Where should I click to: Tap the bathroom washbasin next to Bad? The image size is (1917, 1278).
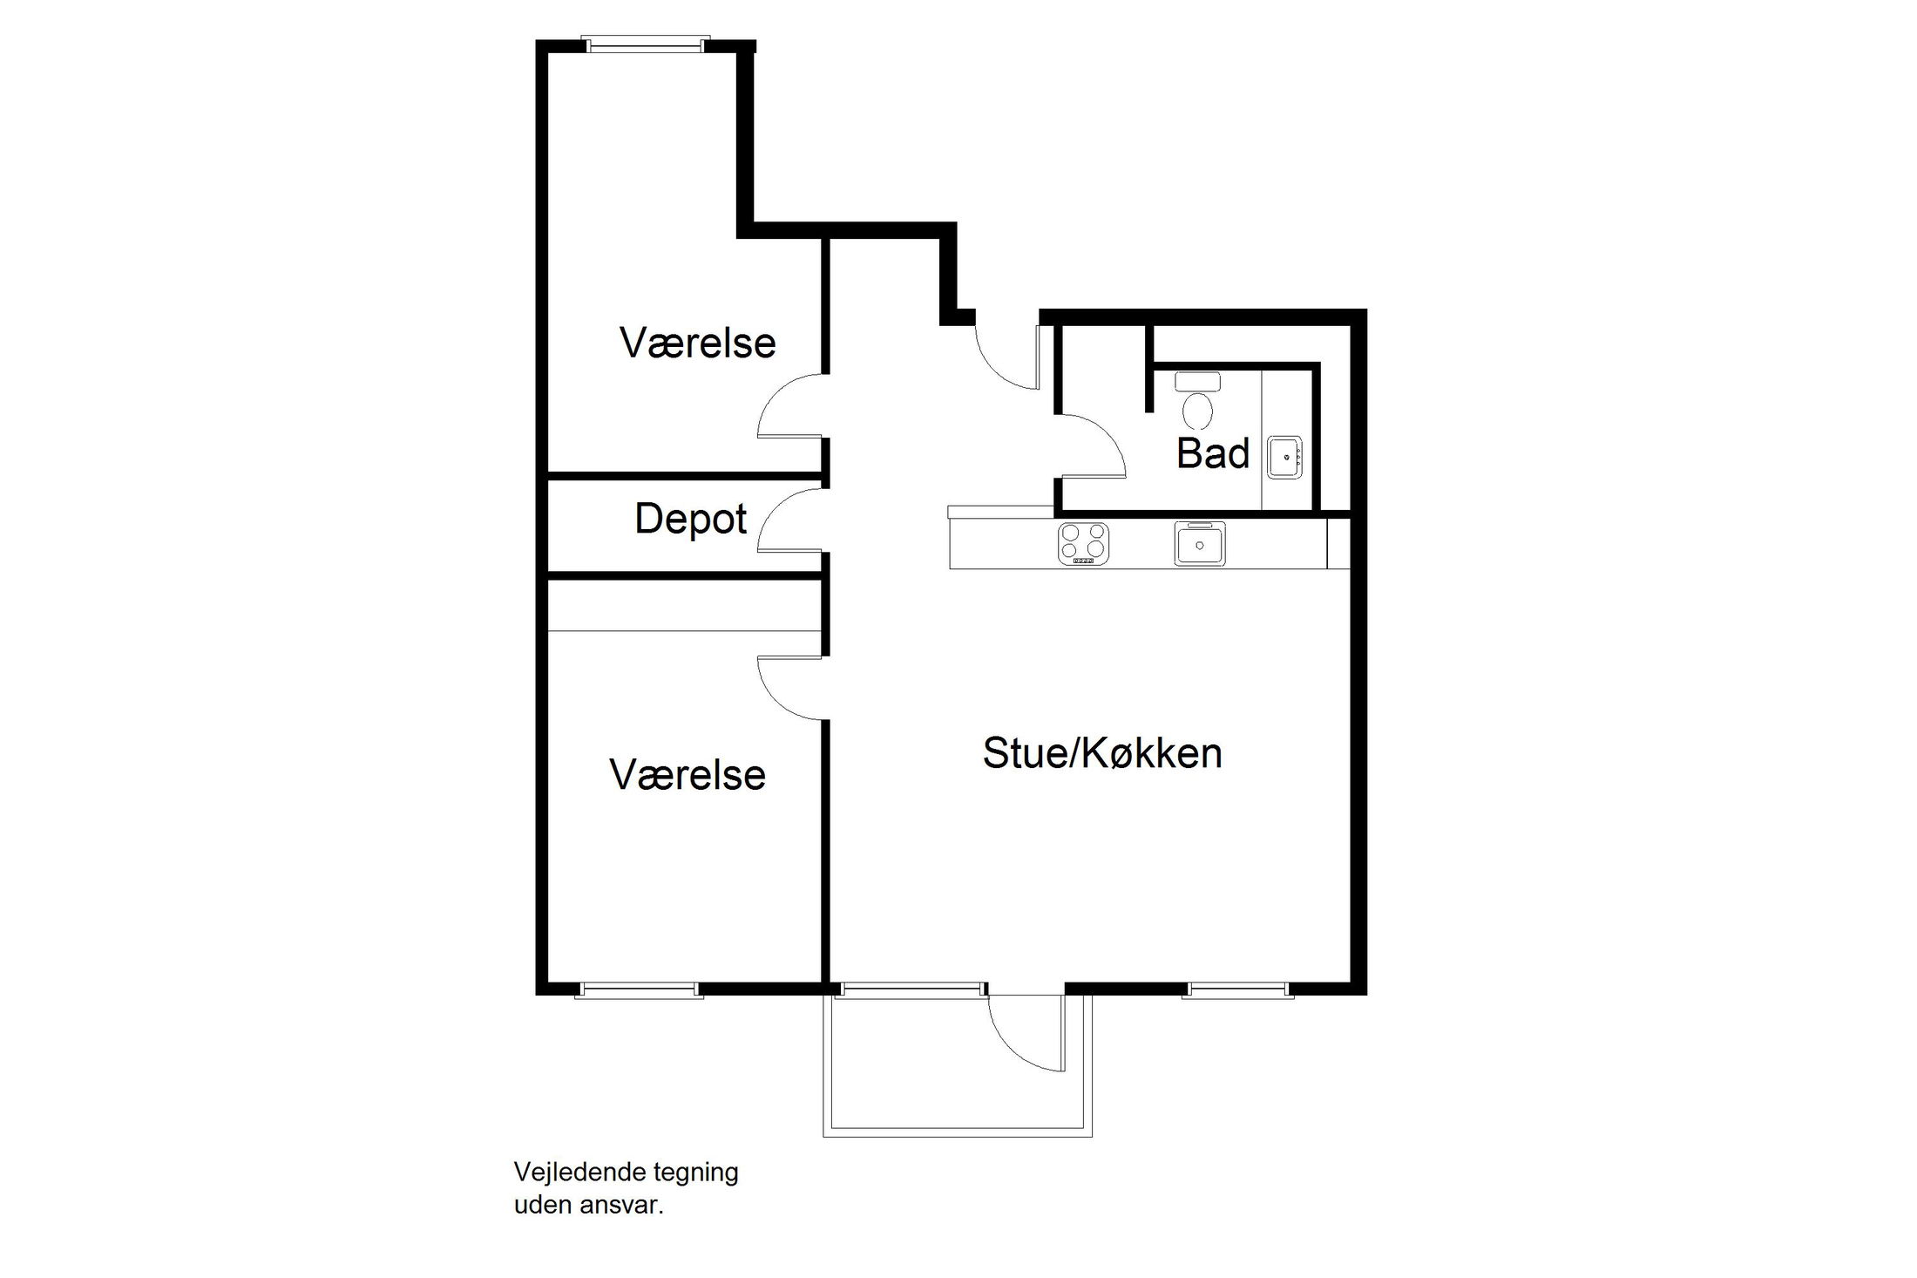click(x=1284, y=457)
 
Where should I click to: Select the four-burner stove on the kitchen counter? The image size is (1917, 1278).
click(x=1083, y=543)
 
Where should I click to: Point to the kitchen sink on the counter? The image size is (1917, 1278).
click(x=1199, y=544)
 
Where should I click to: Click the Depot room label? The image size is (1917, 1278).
click(x=690, y=520)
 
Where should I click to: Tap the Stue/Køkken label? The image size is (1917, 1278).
click(x=1102, y=753)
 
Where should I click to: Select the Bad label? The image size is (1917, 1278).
click(x=1212, y=454)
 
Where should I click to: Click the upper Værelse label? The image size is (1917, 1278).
click(x=697, y=343)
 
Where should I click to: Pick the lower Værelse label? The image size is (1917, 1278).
click(x=687, y=775)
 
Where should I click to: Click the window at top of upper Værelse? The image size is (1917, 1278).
click(x=645, y=44)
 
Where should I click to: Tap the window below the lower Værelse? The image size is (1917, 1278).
click(x=639, y=989)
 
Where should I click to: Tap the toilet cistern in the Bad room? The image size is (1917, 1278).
click(x=1198, y=382)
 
